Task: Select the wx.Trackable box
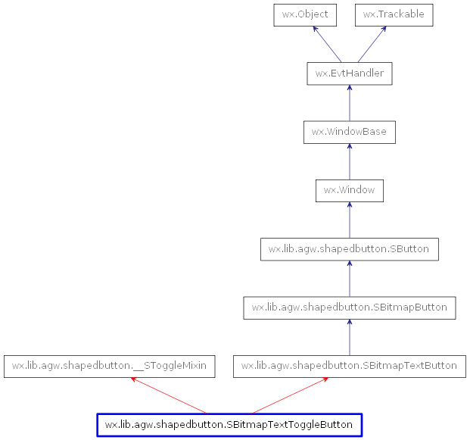394,15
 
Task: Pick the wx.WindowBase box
349,132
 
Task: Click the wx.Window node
349,190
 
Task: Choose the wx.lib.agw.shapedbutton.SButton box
349,248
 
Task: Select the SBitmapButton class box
349,307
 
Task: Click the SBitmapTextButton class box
349,366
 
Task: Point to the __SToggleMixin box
109,366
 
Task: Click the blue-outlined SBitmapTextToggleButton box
229,425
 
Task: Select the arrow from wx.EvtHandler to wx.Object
326,45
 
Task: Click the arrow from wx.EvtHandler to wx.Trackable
372,45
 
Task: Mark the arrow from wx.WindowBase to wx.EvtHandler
349,103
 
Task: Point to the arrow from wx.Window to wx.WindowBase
349,161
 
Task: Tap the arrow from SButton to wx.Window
349,220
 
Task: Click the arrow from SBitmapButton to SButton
349,278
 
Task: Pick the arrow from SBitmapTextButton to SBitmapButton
349,337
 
